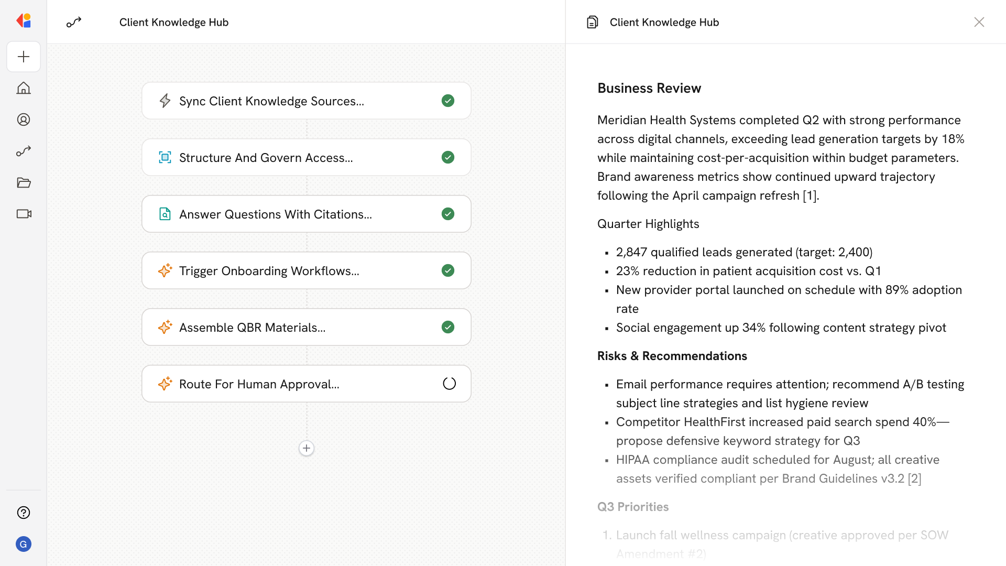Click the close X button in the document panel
click(979, 22)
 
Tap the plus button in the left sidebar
click(24, 57)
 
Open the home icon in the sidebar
click(24, 88)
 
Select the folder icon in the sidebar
click(24, 182)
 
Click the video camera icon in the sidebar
click(24, 214)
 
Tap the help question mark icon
click(24, 513)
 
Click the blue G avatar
click(24, 544)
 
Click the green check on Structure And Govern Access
click(448, 157)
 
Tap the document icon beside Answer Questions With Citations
click(165, 214)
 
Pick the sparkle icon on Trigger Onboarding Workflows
click(165, 270)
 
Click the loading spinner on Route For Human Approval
click(449, 384)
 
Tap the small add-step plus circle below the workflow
click(307, 448)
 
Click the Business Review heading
click(649, 88)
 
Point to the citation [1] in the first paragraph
click(810, 196)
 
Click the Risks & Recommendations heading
click(672, 356)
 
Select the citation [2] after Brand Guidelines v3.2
click(914, 479)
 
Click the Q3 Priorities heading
click(633, 507)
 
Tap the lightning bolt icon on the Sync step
click(165, 101)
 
